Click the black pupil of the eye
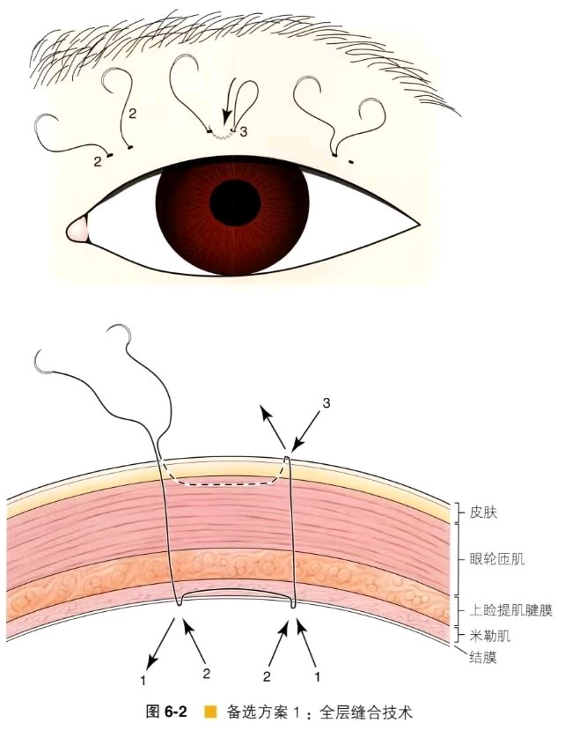pos(235,202)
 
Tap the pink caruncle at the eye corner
pos(77,230)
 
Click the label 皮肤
pos(484,512)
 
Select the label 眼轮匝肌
pos(497,558)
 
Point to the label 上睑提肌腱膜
pos(511,610)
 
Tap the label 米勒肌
pos(490,636)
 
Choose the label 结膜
pos(484,657)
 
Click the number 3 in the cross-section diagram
pos(327,402)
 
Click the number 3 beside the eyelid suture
pos(244,132)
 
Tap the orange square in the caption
pos(211,712)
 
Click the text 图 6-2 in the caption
pos(166,712)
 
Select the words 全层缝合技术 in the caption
pos(366,712)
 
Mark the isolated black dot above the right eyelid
pos(351,162)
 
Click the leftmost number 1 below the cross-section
pos(143,680)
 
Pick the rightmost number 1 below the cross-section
pos(318,676)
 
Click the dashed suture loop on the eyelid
pos(221,136)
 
